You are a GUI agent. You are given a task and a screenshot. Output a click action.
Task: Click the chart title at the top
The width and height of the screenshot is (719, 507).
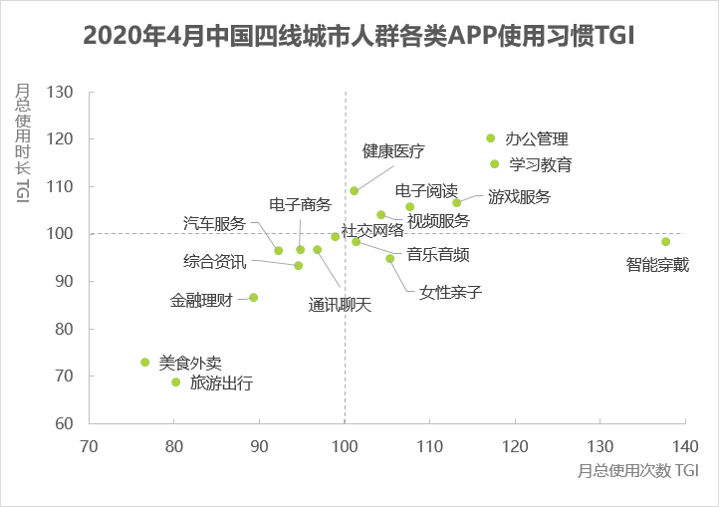359,36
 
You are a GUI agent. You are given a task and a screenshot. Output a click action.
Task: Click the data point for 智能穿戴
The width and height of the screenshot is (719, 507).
665,242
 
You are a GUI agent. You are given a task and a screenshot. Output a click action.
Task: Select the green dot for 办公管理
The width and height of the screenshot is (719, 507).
490,138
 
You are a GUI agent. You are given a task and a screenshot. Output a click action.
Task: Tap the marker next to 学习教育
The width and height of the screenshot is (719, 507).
494,164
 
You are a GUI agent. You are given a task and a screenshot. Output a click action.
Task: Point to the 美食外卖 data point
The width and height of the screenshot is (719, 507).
145,363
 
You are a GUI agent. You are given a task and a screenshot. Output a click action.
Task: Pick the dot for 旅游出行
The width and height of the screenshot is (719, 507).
176,382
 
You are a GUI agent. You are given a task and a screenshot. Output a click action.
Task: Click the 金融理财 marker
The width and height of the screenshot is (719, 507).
254,298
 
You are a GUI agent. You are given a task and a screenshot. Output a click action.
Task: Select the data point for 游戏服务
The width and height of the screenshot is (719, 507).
457,203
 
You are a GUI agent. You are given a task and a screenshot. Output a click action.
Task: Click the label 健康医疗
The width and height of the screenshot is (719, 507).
393,151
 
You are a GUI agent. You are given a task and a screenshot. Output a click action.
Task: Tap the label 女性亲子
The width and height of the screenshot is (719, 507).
451,293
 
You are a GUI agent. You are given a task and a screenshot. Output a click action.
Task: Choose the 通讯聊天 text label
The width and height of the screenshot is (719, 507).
340,305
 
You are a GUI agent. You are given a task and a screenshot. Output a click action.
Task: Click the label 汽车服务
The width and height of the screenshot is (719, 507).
214,223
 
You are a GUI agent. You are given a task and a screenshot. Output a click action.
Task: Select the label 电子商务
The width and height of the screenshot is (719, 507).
300,204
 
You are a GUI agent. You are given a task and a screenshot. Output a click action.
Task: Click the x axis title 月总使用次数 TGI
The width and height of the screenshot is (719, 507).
636,468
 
